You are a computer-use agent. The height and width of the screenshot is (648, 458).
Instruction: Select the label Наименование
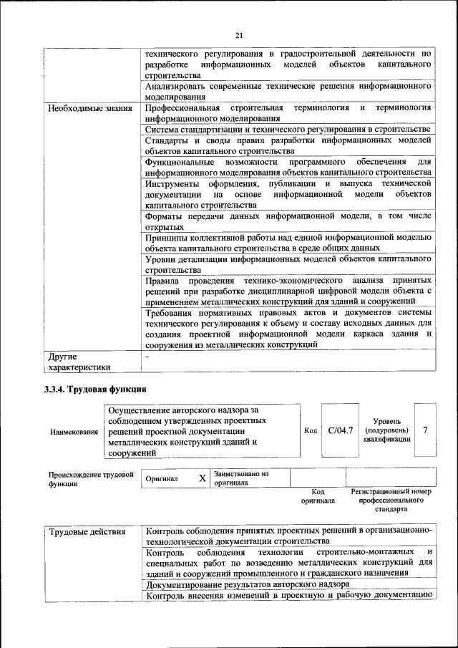click(x=74, y=432)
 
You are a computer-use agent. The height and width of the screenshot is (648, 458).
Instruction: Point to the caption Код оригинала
click(x=318, y=496)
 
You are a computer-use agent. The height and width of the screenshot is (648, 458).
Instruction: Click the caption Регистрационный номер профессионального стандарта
click(x=391, y=500)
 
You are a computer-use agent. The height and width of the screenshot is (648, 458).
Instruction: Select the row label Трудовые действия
click(x=87, y=532)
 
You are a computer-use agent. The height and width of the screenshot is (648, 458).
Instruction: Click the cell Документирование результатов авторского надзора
click(x=248, y=584)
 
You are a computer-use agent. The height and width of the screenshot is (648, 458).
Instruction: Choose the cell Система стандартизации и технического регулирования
click(x=286, y=129)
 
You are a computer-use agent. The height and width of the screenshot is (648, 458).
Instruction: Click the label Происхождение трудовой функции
click(x=91, y=478)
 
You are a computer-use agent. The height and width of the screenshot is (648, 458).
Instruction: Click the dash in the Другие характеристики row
click(x=147, y=356)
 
